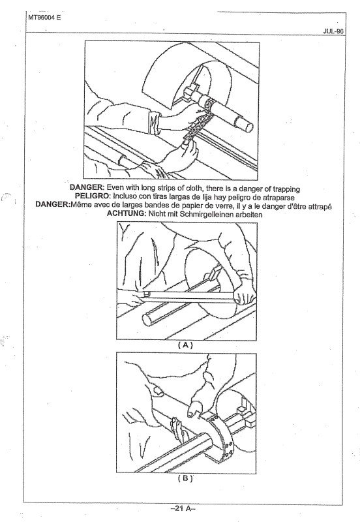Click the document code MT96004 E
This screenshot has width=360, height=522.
tap(44, 18)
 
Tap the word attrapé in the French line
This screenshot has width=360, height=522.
tap(315, 206)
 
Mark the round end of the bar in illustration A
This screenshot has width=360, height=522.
tap(147, 320)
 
